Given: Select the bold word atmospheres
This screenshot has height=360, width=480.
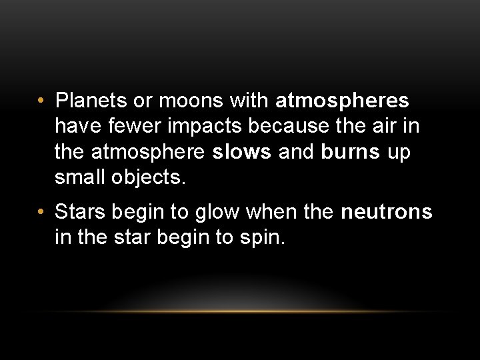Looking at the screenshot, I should coord(342,101).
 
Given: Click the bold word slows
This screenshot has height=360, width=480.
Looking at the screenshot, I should coord(242,151).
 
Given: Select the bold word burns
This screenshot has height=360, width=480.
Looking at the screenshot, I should coord(349,151).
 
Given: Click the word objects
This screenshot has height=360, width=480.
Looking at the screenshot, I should coord(151,177).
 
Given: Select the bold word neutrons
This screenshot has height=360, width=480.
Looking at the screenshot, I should coord(386,213).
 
